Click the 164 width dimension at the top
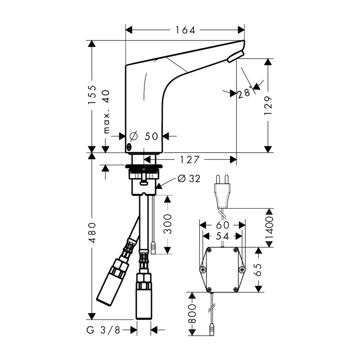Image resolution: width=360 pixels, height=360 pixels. pyautogui.click(x=185, y=30)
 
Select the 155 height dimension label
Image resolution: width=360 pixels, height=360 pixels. pyautogui.click(x=92, y=94)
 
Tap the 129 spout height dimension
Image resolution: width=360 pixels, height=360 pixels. pyautogui.click(x=268, y=106)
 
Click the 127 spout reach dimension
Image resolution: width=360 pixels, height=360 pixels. pyautogui.click(x=190, y=160)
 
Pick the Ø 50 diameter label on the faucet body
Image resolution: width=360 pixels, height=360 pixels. pyautogui.click(x=144, y=136)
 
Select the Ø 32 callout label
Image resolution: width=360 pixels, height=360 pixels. pyautogui.click(x=189, y=179)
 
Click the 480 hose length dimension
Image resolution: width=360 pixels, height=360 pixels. pyautogui.click(x=92, y=232)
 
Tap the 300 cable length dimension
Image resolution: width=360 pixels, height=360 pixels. pyautogui.click(x=168, y=224)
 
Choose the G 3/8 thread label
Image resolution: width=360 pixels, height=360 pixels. pyautogui.click(x=103, y=330)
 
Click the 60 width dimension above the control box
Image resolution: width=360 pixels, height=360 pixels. pyautogui.click(x=222, y=225)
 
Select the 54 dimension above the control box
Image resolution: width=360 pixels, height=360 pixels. pyautogui.click(x=222, y=236)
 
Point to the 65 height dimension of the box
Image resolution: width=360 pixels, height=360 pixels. pyautogui.click(x=258, y=270)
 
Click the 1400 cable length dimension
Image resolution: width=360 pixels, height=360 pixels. pyautogui.click(x=269, y=228)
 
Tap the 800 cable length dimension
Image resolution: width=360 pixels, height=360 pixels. pyautogui.click(x=192, y=314)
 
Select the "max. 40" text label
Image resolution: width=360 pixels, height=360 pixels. pyautogui.click(x=106, y=112)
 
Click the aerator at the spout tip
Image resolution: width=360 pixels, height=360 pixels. pyautogui.click(x=235, y=56)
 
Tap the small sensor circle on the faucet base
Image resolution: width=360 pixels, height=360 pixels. pyautogui.click(x=129, y=146)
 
